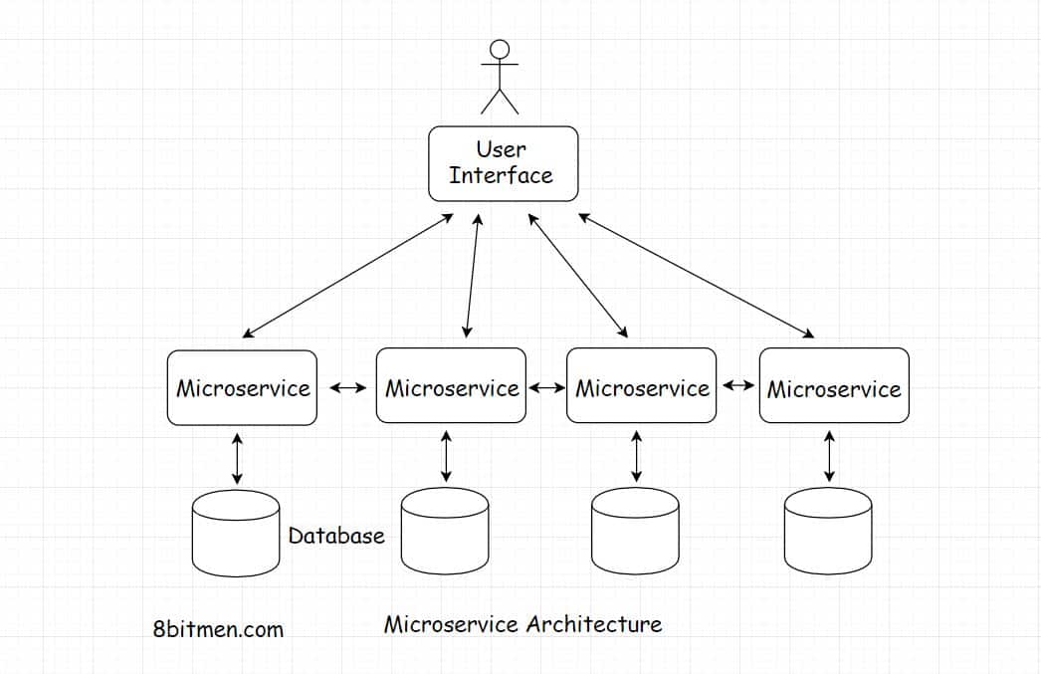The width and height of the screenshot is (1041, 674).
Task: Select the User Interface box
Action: (x=503, y=163)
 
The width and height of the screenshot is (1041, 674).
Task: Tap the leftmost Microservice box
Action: (x=242, y=388)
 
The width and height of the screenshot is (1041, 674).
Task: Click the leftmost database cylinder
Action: (x=235, y=534)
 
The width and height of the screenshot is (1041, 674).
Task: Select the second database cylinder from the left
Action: (x=445, y=534)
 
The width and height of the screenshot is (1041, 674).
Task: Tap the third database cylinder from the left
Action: (x=635, y=534)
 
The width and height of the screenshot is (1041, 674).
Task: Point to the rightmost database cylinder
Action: (x=828, y=534)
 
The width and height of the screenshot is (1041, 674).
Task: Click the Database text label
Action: (x=336, y=536)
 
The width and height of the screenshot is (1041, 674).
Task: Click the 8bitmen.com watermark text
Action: (x=219, y=629)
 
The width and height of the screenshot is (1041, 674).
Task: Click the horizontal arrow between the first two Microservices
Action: (x=347, y=387)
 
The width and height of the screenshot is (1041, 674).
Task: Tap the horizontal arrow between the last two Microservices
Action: (x=737, y=385)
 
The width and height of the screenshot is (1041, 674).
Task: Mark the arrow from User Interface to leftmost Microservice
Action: (x=347, y=275)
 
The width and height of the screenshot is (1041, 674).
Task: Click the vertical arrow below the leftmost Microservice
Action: (x=236, y=458)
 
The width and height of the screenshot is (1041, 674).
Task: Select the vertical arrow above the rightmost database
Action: (x=829, y=456)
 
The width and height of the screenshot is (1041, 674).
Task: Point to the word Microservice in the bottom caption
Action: (x=451, y=624)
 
